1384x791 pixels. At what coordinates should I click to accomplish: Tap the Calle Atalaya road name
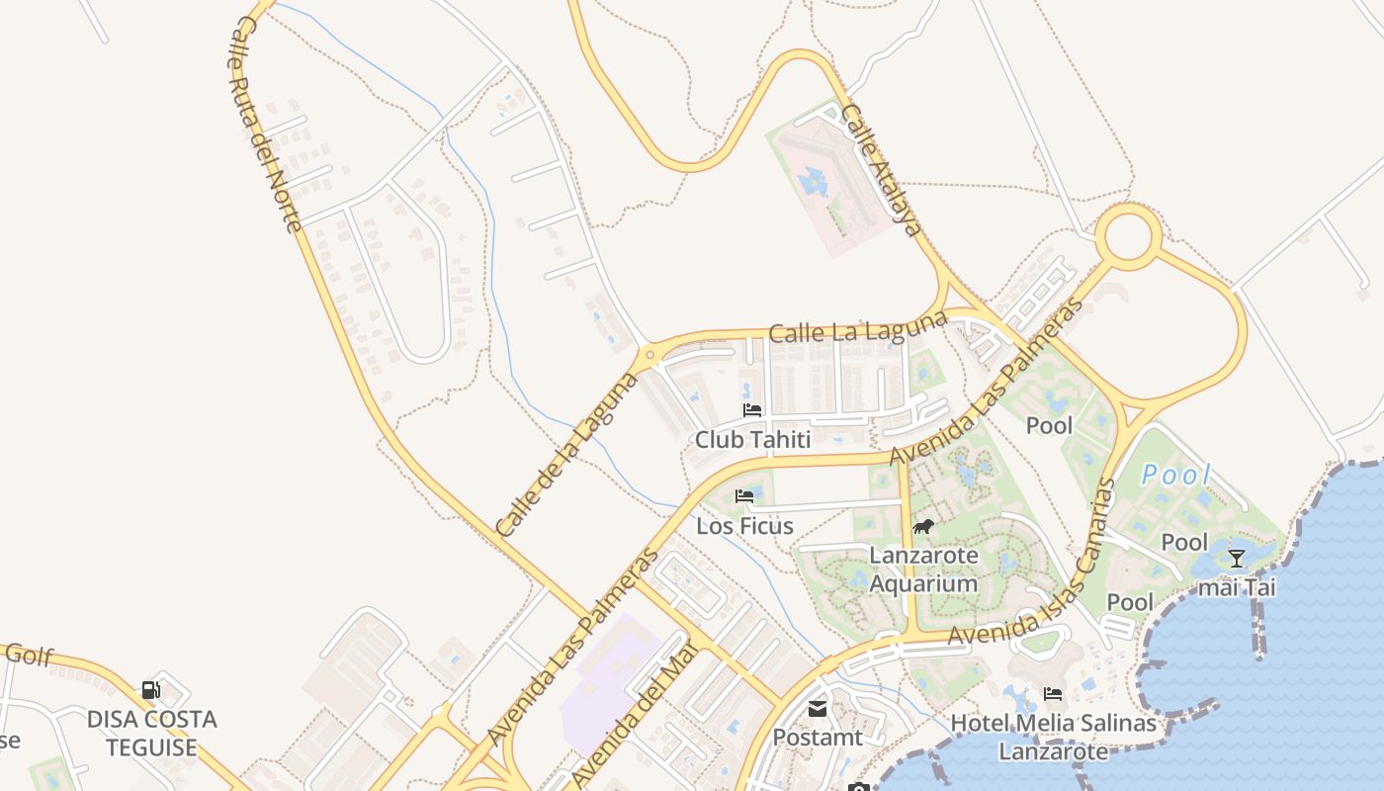coord(882,170)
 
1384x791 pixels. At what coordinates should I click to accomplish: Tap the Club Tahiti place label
coord(752,440)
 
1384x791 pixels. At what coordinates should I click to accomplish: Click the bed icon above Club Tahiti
coord(752,409)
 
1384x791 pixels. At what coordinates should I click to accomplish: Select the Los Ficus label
coord(744,526)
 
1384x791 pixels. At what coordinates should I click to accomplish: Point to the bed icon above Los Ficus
coord(744,495)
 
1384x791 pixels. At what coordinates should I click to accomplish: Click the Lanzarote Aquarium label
coord(923,570)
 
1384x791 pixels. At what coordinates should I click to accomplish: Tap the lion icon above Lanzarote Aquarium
coord(923,526)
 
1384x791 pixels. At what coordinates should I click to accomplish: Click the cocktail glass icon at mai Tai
coord(1236,558)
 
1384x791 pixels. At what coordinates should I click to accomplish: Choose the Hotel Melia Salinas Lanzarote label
coord(1053,738)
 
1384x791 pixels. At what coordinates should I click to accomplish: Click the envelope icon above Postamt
coord(818,708)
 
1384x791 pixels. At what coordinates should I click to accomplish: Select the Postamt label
coord(818,738)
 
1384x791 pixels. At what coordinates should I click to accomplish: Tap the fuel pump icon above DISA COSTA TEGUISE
coord(151,689)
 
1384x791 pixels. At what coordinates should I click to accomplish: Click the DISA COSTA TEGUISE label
coord(151,733)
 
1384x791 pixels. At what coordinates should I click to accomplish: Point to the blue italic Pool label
coord(1175,476)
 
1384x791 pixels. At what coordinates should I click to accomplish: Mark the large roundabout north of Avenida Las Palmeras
coord(1129,237)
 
